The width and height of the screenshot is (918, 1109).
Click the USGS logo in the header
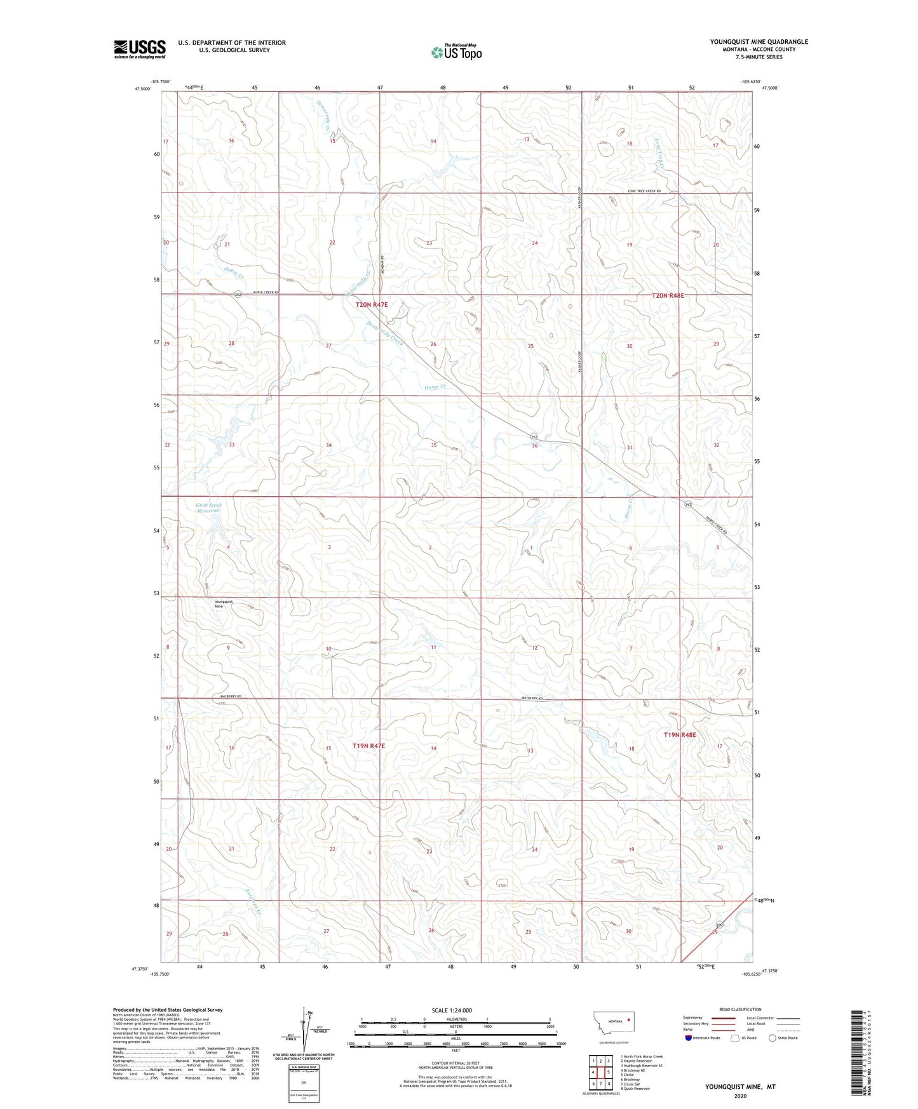pos(140,49)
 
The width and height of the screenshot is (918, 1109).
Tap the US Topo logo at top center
pos(456,52)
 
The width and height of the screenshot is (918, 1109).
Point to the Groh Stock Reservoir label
pos(208,507)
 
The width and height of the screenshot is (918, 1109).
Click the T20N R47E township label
pos(371,305)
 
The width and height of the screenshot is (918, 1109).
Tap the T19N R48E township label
pos(680,735)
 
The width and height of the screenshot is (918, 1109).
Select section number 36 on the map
pos(535,446)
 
